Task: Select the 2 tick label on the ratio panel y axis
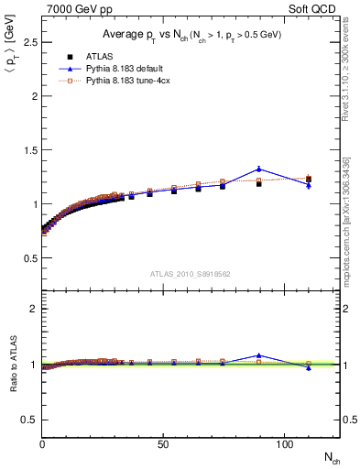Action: pyautogui.click(x=33, y=309)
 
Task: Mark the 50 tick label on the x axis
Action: pyautogui.click(x=162, y=444)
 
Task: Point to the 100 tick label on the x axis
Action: pyautogui.click(x=282, y=444)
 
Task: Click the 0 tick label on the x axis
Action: pyautogui.click(x=42, y=444)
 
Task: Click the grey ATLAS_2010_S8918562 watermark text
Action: pyautogui.click(x=191, y=273)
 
